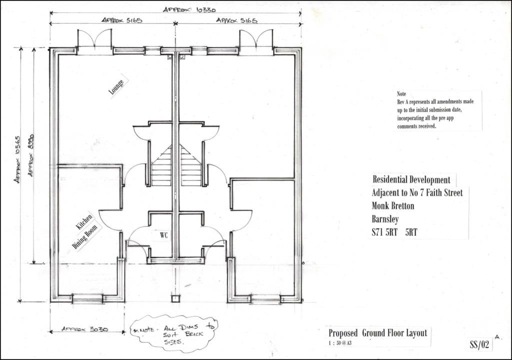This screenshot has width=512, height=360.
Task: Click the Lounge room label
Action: (x=116, y=87)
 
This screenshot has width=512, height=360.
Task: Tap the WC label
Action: (x=164, y=235)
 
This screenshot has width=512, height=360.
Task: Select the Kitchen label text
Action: (x=84, y=221)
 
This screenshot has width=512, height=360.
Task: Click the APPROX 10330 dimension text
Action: (x=189, y=9)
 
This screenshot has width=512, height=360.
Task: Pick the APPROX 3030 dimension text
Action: (x=85, y=329)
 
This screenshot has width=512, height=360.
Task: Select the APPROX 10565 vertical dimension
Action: (x=17, y=159)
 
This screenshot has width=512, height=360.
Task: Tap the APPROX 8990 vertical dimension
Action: (x=30, y=155)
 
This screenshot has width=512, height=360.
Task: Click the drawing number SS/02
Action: (x=479, y=344)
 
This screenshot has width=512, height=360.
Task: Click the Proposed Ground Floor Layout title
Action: (x=378, y=333)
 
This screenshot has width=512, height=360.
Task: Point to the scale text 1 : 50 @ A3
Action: (x=340, y=343)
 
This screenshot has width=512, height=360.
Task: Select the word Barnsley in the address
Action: (x=385, y=219)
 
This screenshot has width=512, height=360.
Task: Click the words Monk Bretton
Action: (x=393, y=206)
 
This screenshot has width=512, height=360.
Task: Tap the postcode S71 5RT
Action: (x=384, y=232)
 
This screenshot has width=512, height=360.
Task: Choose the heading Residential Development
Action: (x=411, y=179)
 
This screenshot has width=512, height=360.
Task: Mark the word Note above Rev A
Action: (x=401, y=94)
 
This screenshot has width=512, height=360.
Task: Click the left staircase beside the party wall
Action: (x=162, y=165)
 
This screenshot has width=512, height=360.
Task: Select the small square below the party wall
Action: (x=175, y=298)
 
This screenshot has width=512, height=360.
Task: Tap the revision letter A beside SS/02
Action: (x=497, y=337)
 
